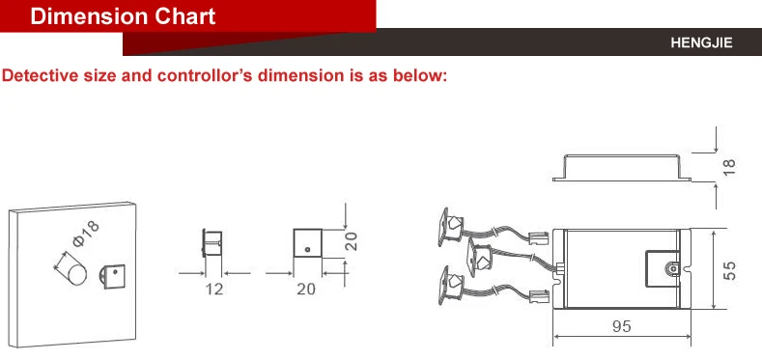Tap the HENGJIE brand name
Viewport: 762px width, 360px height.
(702, 43)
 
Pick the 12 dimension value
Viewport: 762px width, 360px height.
(213, 289)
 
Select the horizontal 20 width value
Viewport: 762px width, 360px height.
(306, 289)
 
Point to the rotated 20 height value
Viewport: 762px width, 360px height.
(353, 241)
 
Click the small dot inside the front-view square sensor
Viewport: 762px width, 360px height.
(306, 250)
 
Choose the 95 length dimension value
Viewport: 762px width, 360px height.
(622, 326)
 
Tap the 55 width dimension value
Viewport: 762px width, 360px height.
(731, 271)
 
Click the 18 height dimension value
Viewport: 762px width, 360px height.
(729, 166)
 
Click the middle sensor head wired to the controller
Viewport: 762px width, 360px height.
(478, 254)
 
